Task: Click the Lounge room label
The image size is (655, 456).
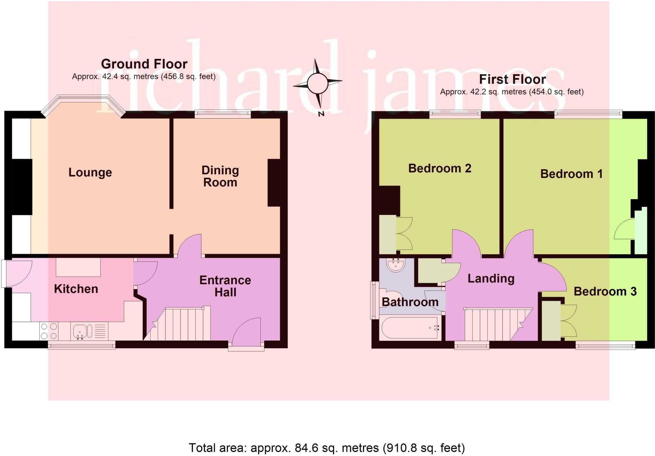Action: coord(90,172)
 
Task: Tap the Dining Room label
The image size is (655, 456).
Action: coord(220,176)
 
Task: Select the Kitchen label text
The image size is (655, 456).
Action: coord(76,289)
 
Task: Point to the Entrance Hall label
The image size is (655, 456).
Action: coord(225,286)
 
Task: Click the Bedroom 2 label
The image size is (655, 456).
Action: coord(439,168)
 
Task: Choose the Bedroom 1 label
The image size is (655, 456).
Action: coord(571,174)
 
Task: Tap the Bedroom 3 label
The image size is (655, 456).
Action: coord(605,291)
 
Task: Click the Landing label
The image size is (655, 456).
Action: coord(491,278)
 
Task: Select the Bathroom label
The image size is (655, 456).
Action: coord(410,302)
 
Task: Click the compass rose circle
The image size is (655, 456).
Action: coord(317,83)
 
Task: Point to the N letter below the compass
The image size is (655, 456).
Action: coord(321,114)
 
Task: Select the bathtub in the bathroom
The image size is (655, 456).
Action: coord(409,328)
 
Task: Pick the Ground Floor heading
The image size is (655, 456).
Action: coord(144,64)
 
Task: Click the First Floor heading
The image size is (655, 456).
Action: coord(512,79)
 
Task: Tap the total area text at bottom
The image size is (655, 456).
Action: coord(326,448)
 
